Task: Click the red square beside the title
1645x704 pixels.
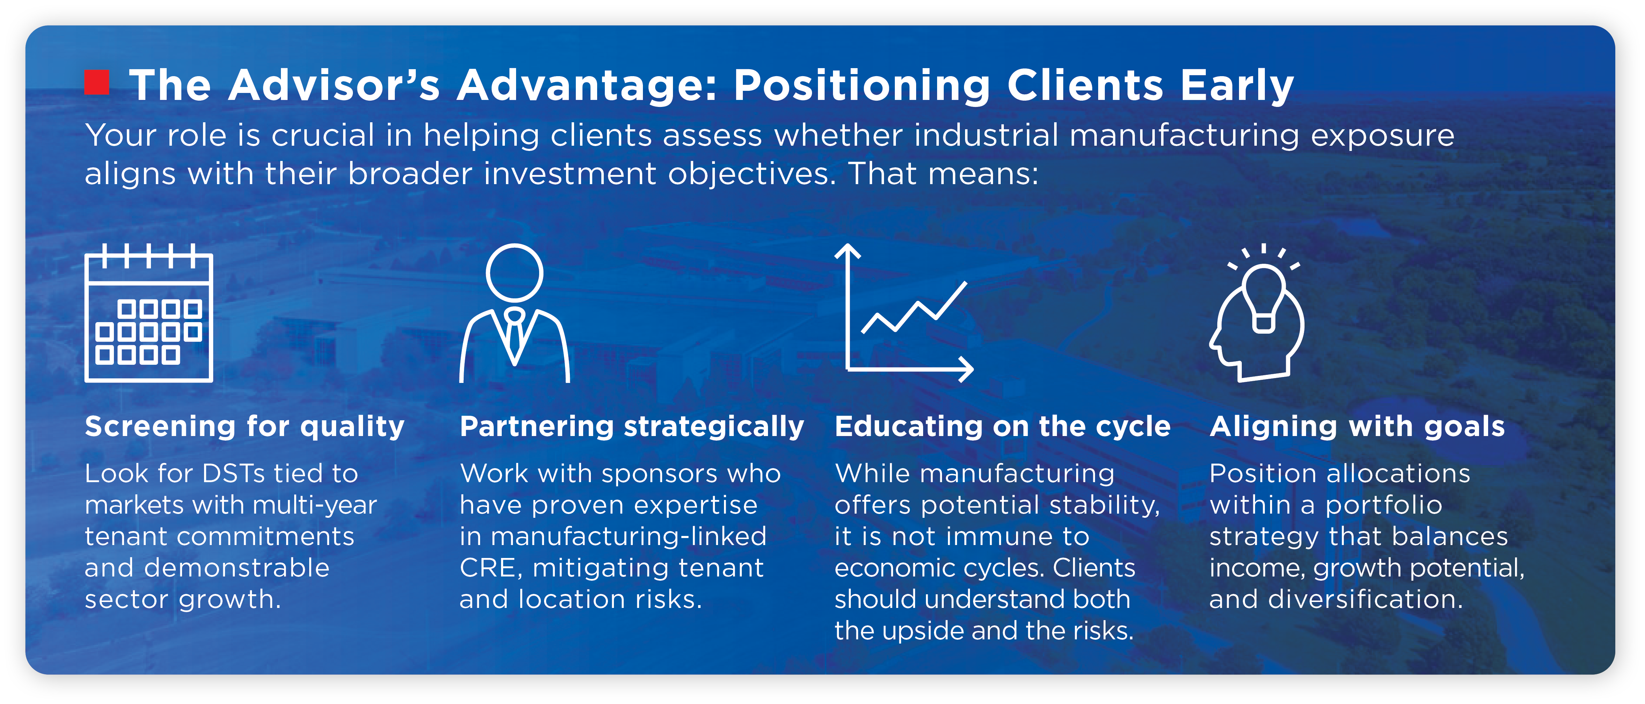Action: tap(97, 82)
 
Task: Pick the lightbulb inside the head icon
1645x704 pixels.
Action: tap(1263, 297)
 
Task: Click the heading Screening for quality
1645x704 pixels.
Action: tap(245, 426)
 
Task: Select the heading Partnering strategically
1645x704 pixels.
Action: tap(632, 426)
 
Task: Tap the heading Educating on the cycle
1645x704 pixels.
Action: tap(1002, 426)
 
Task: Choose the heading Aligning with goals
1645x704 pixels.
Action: tap(1357, 426)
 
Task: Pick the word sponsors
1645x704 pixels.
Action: tap(660, 474)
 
